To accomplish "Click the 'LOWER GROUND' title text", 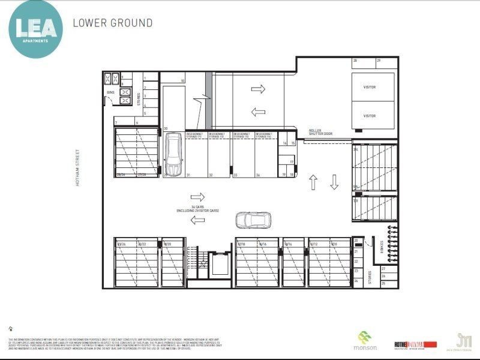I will (x=112, y=23).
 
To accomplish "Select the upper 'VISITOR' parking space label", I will (x=370, y=87).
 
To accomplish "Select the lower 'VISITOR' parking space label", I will (x=370, y=116).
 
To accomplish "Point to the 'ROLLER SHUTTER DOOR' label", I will (x=320, y=132).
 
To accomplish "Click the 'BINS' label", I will (x=110, y=92).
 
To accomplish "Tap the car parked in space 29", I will (x=172, y=155).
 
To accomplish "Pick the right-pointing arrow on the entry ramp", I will (x=258, y=89).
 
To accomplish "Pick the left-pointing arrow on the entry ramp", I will (x=258, y=112).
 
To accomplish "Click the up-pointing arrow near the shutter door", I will (x=313, y=182).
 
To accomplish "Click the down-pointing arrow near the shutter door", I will (x=334, y=182).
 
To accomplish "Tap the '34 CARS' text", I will (x=197, y=208).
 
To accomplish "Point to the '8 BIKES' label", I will (x=383, y=247).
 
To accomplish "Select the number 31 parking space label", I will (x=188, y=175).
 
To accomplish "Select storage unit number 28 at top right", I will (x=355, y=61).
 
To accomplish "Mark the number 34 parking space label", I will (x=257, y=175).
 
